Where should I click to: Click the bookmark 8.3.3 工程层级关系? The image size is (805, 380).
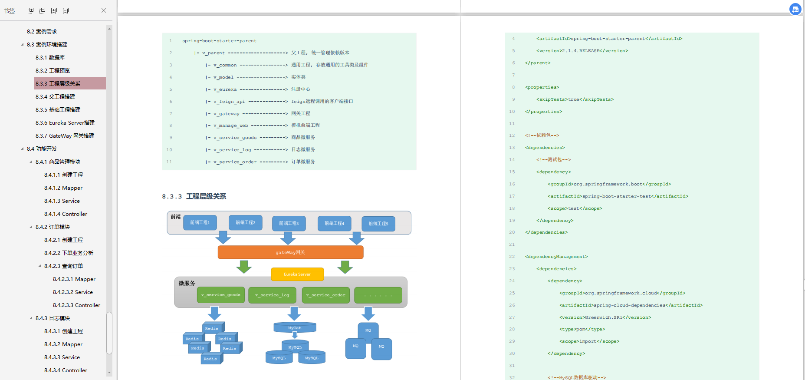(58, 83)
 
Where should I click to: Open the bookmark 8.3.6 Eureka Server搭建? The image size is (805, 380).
(65, 122)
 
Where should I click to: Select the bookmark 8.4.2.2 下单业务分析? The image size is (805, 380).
(69, 253)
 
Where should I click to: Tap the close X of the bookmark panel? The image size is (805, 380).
(104, 10)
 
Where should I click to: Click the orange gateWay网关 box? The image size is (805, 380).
(290, 252)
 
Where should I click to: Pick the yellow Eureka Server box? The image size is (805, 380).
(297, 274)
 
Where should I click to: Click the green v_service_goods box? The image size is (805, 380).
(221, 295)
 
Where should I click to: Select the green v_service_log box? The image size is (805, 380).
(272, 295)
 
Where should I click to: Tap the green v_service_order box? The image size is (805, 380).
(326, 295)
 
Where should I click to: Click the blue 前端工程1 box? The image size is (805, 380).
(200, 222)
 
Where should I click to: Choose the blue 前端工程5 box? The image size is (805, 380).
(378, 224)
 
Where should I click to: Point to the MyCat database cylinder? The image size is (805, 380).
(295, 327)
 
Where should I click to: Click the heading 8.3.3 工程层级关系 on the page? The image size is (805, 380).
(194, 196)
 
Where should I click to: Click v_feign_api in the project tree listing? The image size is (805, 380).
(229, 101)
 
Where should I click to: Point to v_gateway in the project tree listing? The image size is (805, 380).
(226, 113)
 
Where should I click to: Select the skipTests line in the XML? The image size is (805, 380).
(575, 99)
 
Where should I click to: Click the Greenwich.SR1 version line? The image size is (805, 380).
(605, 317)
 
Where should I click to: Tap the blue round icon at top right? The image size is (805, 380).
(795, 9)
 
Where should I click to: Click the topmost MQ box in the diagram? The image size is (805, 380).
(368, 330)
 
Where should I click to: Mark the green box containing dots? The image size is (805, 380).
(378, 295)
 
